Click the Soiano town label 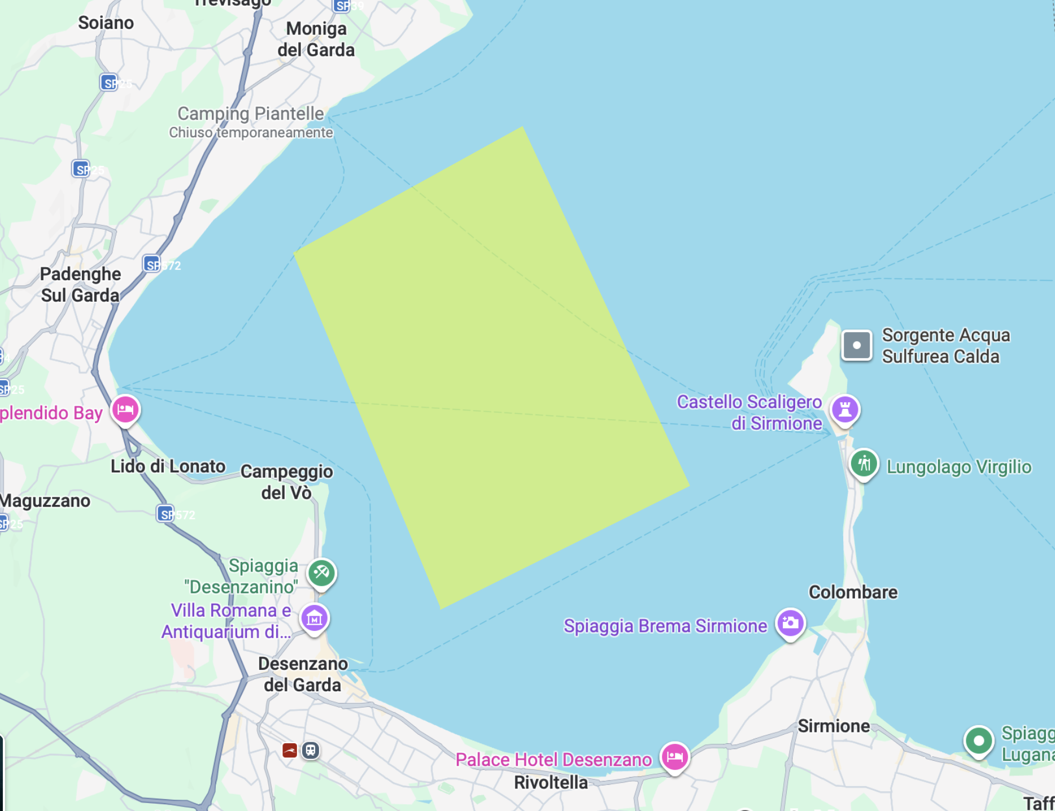[x=106, y=23]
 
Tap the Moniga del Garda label [x=316, y=39]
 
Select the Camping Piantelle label [x=251, y=114]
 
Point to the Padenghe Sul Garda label [x=80, y=285]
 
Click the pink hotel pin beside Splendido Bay [x=125, y=409]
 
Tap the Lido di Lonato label [x=168, y=466]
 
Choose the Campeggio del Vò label [x=286, y=482]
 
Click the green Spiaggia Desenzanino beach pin [x=321, y=573]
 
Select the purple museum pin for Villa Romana [x=315, y=618]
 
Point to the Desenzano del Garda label [x=303, y=674]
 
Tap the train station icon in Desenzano [x=310, y=751]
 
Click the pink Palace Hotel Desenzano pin [x=674, y=756]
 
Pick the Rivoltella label [x=551, y=782]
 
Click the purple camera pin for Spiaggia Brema [x=790, y=623]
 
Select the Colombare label [x=853, y=592]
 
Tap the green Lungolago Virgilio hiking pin [x=864, y=464]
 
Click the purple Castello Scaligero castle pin [x=845, y=409]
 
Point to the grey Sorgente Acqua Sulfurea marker [x=856, y=345]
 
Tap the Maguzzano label [x=45, y=500]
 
